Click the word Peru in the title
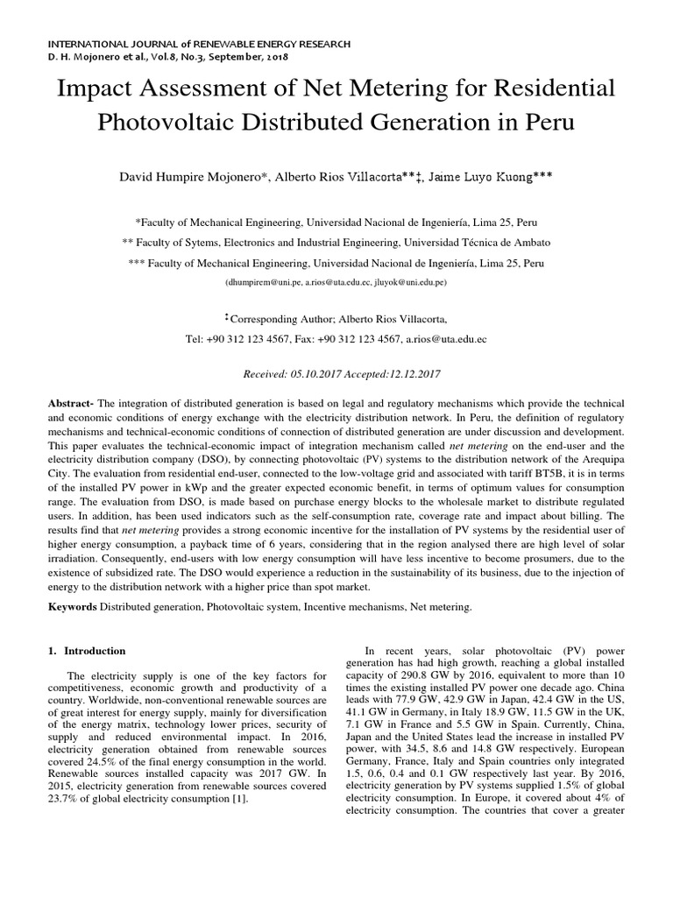[544, 122]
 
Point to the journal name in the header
[199, 43]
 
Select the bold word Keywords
[74, 606]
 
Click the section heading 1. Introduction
[87, 651]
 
